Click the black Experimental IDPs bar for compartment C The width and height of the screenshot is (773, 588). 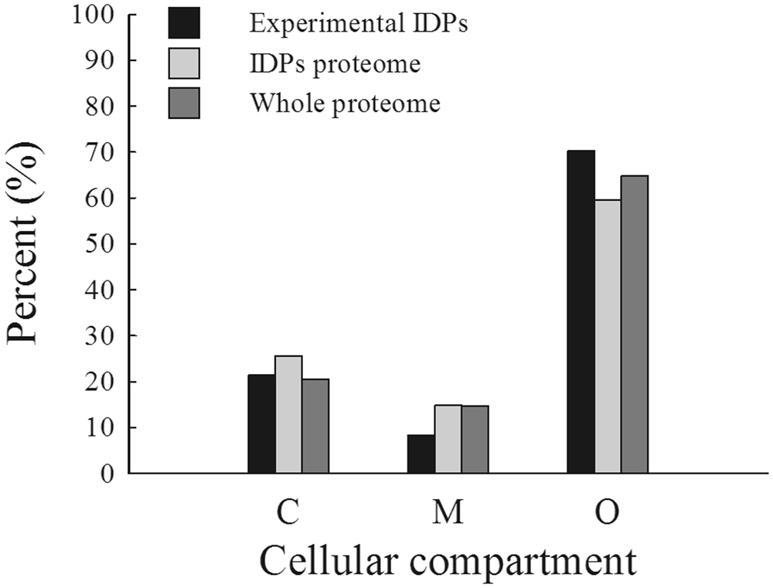(261, 424)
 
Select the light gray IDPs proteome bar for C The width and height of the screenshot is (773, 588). (288, 415)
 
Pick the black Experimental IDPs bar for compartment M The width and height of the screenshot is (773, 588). (421, 454)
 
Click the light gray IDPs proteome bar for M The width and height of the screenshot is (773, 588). (448, 439)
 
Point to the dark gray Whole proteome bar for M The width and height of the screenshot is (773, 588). (475, 440)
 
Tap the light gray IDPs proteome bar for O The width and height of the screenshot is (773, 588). (608, 337)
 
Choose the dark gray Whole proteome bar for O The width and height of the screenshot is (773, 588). (635, 325)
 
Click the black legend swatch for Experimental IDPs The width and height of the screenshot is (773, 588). (184, 22)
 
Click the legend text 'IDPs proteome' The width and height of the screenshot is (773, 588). (335, 63)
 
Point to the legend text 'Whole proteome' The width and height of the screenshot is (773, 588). (345, 104)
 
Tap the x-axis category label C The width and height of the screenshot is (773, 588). (288, 513)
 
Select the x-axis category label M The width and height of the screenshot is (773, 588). (448, 513)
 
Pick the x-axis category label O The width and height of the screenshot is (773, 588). (608, 513)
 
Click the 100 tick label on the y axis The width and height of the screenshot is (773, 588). (94, 15)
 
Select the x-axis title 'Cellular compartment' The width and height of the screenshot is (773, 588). (448, 560)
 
